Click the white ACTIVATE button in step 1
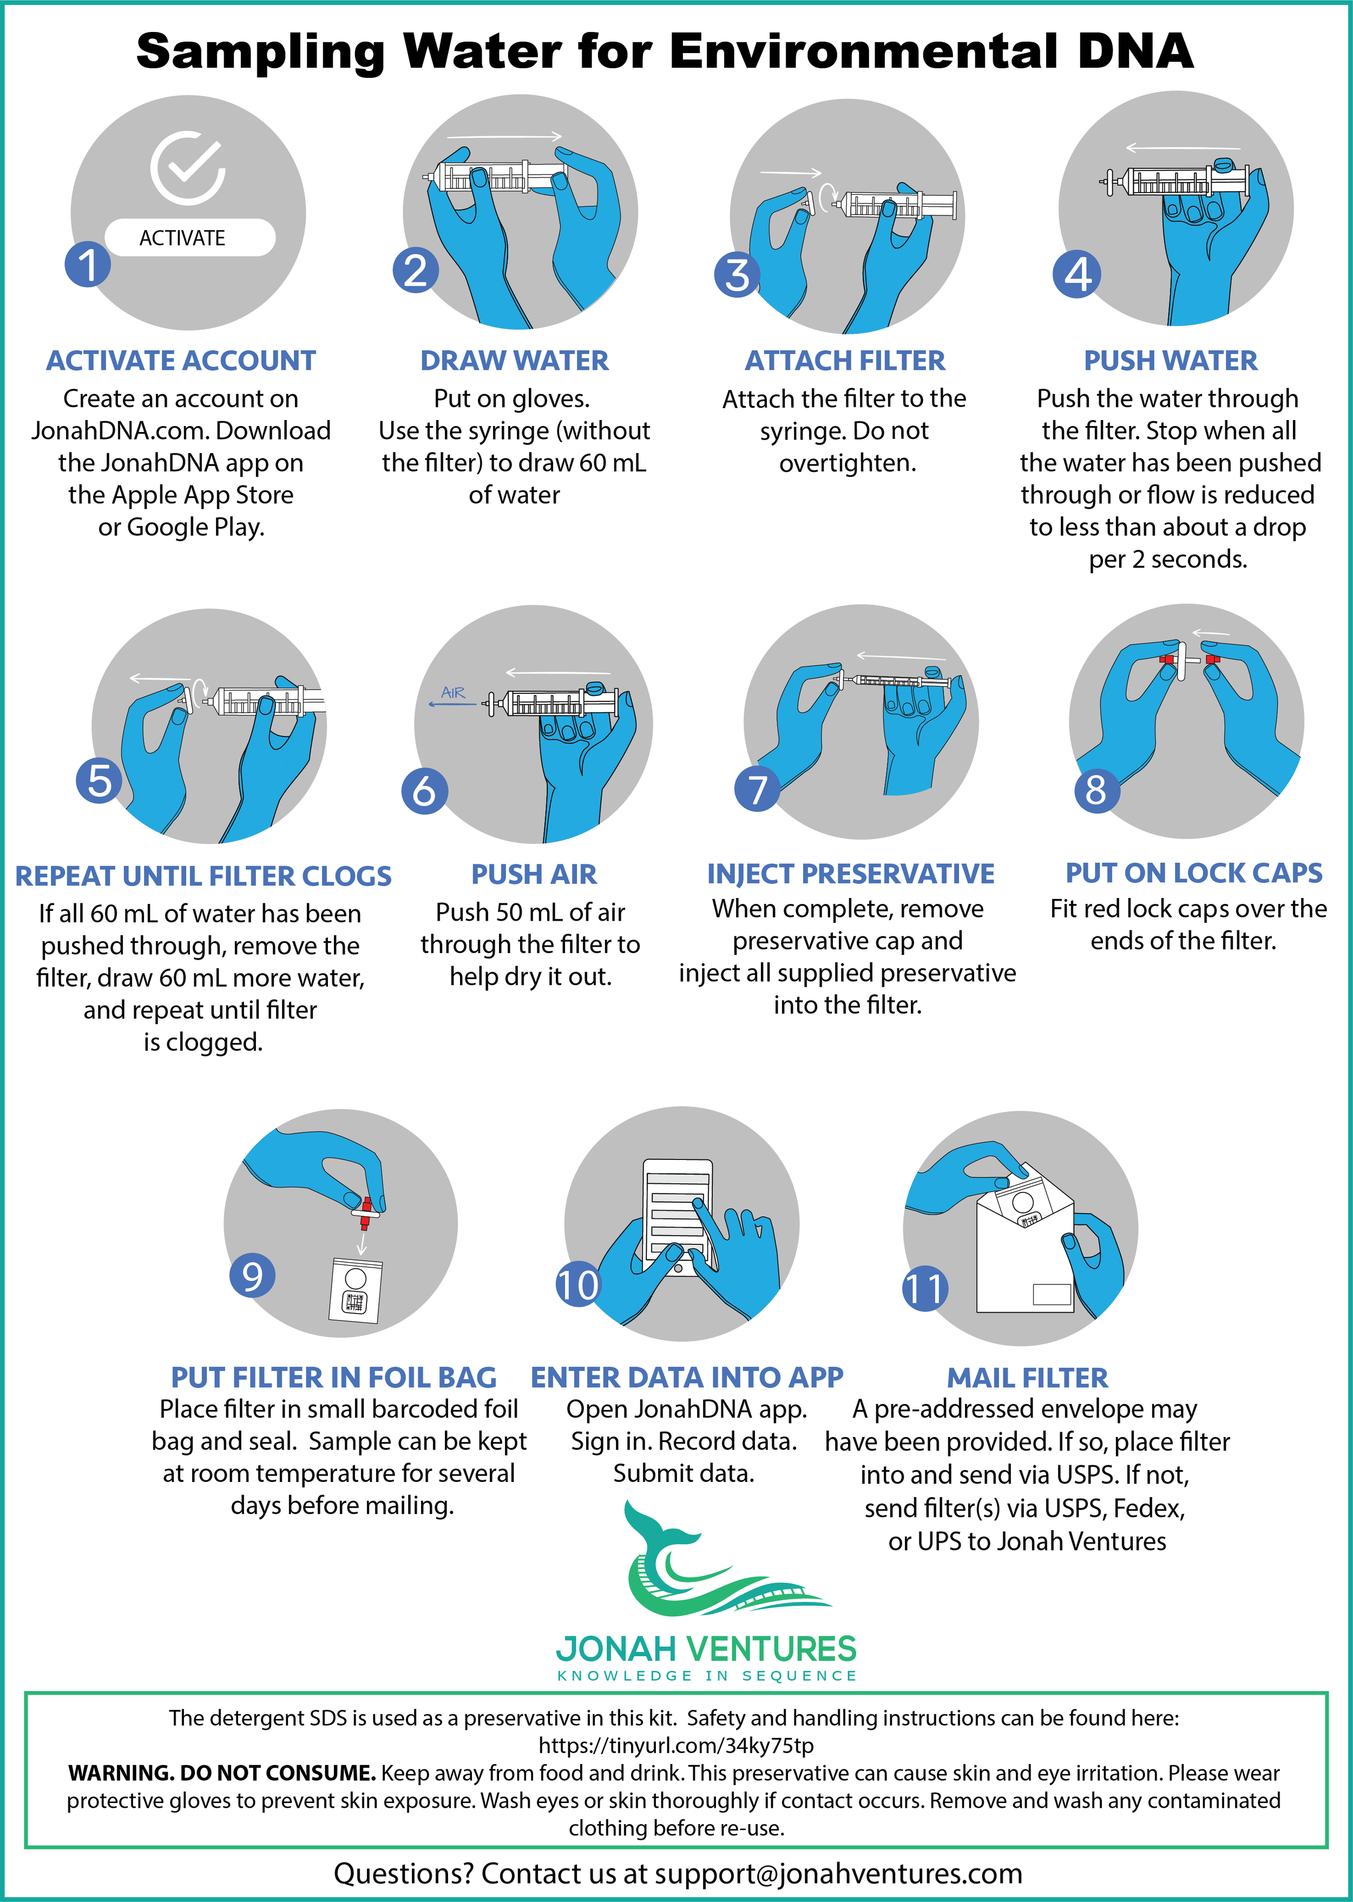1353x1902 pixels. click(190, 238)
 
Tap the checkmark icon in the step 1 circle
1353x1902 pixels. click(188, 167)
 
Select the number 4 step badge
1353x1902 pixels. click(1076, 274)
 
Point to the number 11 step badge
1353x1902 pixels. click(925, 1288)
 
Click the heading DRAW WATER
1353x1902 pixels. click(514, 360)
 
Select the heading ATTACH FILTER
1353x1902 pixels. click(845, 360)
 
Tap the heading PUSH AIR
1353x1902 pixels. click(534, 874)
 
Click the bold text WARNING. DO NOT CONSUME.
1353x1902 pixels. click(221, 1773)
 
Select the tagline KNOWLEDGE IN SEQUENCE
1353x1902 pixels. click(707, 1675)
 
